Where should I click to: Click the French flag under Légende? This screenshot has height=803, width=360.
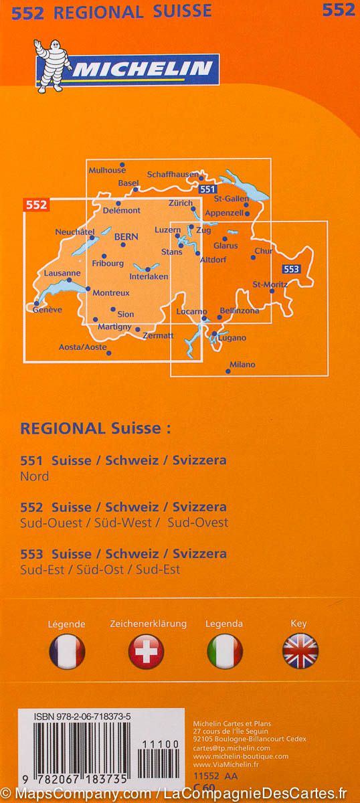(67, 650)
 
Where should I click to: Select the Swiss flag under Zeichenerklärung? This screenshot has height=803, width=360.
(146, 650)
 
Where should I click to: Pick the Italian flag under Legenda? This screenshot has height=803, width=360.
(224, 650)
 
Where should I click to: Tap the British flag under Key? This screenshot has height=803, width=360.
(300, 650)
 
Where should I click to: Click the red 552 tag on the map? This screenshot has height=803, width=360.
(37, 205)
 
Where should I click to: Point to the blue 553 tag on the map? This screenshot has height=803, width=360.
(291, 269)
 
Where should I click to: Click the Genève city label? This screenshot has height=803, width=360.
(47, 310)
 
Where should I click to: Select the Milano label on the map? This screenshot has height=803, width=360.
(242, 365)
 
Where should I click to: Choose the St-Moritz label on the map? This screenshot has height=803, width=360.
(270, 284)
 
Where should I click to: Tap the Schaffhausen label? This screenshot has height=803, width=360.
(173, 174)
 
